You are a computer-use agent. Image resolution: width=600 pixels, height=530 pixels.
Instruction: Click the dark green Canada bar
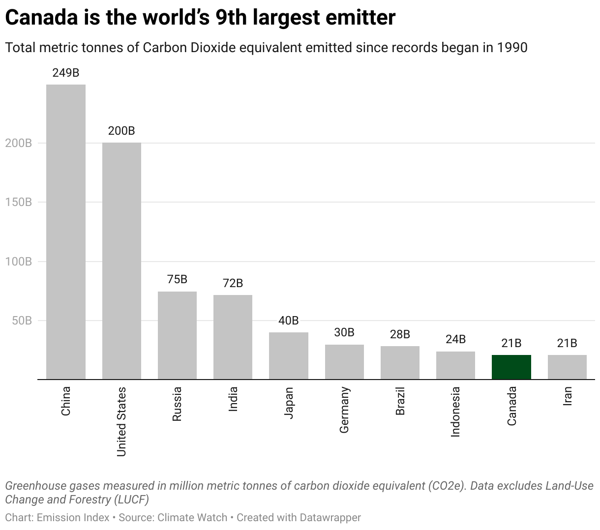(x=511, y=367)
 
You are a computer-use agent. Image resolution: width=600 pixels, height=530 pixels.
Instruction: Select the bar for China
(x=66, y=232)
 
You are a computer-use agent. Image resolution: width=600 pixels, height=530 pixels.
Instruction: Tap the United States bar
(x=121, y=261)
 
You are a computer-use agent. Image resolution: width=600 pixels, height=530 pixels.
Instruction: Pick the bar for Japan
(x=288, y=355)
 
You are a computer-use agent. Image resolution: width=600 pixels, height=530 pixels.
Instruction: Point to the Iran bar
(x=567, y=367)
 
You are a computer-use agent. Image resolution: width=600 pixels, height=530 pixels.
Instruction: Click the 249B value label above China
(x=66, y=73)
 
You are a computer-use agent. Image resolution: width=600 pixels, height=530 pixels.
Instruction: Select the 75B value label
(x=177, y=279)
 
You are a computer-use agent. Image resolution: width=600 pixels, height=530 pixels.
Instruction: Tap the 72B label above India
(x=233, y=283)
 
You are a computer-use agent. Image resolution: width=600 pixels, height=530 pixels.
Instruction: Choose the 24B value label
(x=455, y=339)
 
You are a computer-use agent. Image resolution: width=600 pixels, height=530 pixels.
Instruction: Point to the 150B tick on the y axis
(x=19, y=202)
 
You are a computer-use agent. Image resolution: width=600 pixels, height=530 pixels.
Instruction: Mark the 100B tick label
(x=19, y=262)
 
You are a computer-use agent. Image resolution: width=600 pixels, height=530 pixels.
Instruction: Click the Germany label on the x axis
(x=344, y=410)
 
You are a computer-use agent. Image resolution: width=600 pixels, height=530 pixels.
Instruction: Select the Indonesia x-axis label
(x=455, y=412)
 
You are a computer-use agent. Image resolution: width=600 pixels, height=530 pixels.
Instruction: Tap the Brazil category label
(x=400, y=401)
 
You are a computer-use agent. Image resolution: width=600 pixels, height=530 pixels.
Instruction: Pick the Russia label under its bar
(x=177, y=404)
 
